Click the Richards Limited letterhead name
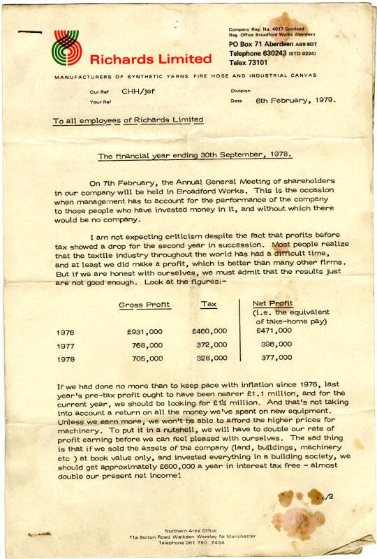pos(150,59)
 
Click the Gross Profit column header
pos(145,305)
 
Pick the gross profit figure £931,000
pos(145,331)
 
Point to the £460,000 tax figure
pos(209,331)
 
